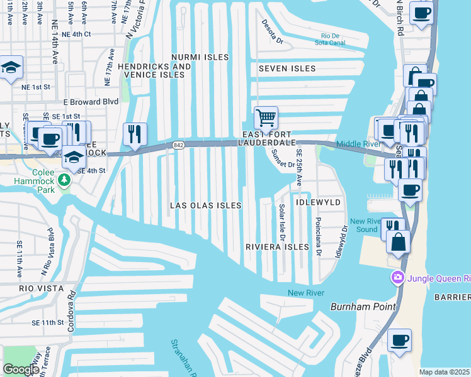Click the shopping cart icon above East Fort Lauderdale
pyautogui.click(x=266, y=117)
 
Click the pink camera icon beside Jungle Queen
pyautogui.click(x=398, y=277)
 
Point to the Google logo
pyautogui.click(x=21, y=369)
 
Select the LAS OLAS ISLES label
pyautogui.click(x=206, y=205)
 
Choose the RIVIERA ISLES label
pyautogui.click(x=278, y=247)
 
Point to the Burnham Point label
pyautogui.click(x=363, y=307)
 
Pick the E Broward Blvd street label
pyautogui.click(x=91, y=101)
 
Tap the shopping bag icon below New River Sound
pyautogui.click(x=398, y=242)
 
